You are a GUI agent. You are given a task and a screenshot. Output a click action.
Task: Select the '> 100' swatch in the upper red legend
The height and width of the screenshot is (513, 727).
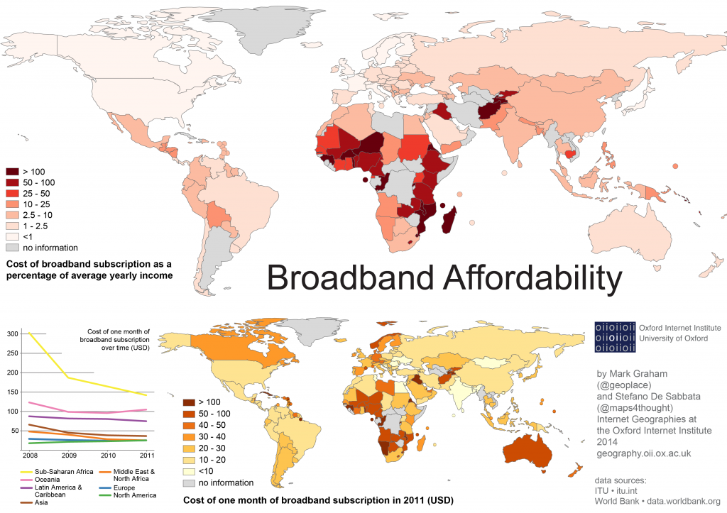[x=13, y=172]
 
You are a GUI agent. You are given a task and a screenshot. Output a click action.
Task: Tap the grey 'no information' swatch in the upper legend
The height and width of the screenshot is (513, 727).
[x=13, y=248]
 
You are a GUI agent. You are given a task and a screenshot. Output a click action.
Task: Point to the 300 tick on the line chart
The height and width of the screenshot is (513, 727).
[x=12, y=333]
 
